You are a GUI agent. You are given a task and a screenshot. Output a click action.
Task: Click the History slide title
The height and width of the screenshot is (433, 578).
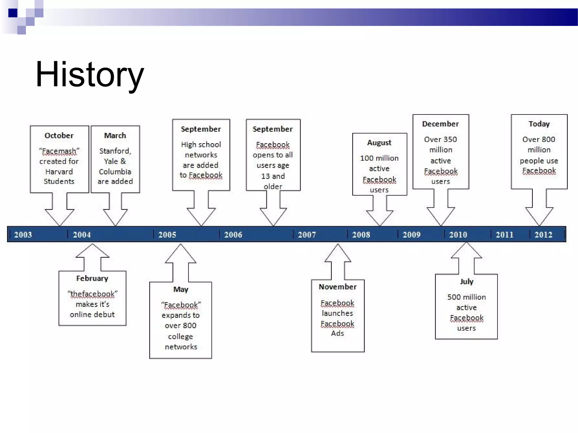pyautogui.click(x=90, y=74)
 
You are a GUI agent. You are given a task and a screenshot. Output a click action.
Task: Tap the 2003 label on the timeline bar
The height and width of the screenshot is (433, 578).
pyautogui.click(x=23, y=235)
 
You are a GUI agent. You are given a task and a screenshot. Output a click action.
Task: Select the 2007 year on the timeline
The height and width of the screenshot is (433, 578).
pyautogui.click(x=307, y=235)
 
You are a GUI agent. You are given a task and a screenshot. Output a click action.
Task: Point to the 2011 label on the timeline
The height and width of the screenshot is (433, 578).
pyautogui.click(x=504, y=235)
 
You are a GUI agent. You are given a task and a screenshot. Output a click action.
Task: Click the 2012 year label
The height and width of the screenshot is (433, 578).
pyautogui.click(x=543, y=235)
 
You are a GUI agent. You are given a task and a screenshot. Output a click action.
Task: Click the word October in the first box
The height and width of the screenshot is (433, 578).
pyautogui.click(x=59, y=136)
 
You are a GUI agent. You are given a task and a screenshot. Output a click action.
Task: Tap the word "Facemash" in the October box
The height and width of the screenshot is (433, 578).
pyautogui.click(x=59, y=151)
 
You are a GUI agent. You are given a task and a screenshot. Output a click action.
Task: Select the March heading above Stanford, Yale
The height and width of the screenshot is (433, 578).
pyautogui.click(x=115, y=136)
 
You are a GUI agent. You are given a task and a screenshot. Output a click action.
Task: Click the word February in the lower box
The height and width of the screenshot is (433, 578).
pyautogui.click(x=92, y=279)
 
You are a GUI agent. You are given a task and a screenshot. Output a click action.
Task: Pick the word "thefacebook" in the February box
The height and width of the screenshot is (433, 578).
pyautogui.click(x=93, y=294)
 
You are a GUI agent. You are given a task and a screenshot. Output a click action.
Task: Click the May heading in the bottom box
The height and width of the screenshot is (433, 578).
pyautogui.click(x=181, y=290)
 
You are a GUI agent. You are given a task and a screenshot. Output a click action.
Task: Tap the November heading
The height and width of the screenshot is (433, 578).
pyautogui.click(x=338, y=287)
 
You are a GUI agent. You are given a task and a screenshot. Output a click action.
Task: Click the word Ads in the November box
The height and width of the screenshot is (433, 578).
pyautogui.click(x=337, y=333)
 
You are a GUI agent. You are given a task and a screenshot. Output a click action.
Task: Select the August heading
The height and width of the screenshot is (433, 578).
pyautogui.click(x=379, y=143)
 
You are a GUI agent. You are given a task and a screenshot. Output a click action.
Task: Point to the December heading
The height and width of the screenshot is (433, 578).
pyautogui.click(x=440, y=124)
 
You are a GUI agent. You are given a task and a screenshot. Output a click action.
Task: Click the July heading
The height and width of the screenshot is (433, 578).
pyautogui.click(x=467, y=282)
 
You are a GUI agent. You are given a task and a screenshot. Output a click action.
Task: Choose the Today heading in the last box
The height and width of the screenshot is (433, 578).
pyautogui.click(x=539, y=124)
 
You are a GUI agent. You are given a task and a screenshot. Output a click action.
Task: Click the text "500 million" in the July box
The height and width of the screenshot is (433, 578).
pyautogui.click(x=467, y=297)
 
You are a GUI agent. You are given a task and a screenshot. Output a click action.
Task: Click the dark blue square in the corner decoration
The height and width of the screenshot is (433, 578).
pyautogui.click(x=13, y=13)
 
